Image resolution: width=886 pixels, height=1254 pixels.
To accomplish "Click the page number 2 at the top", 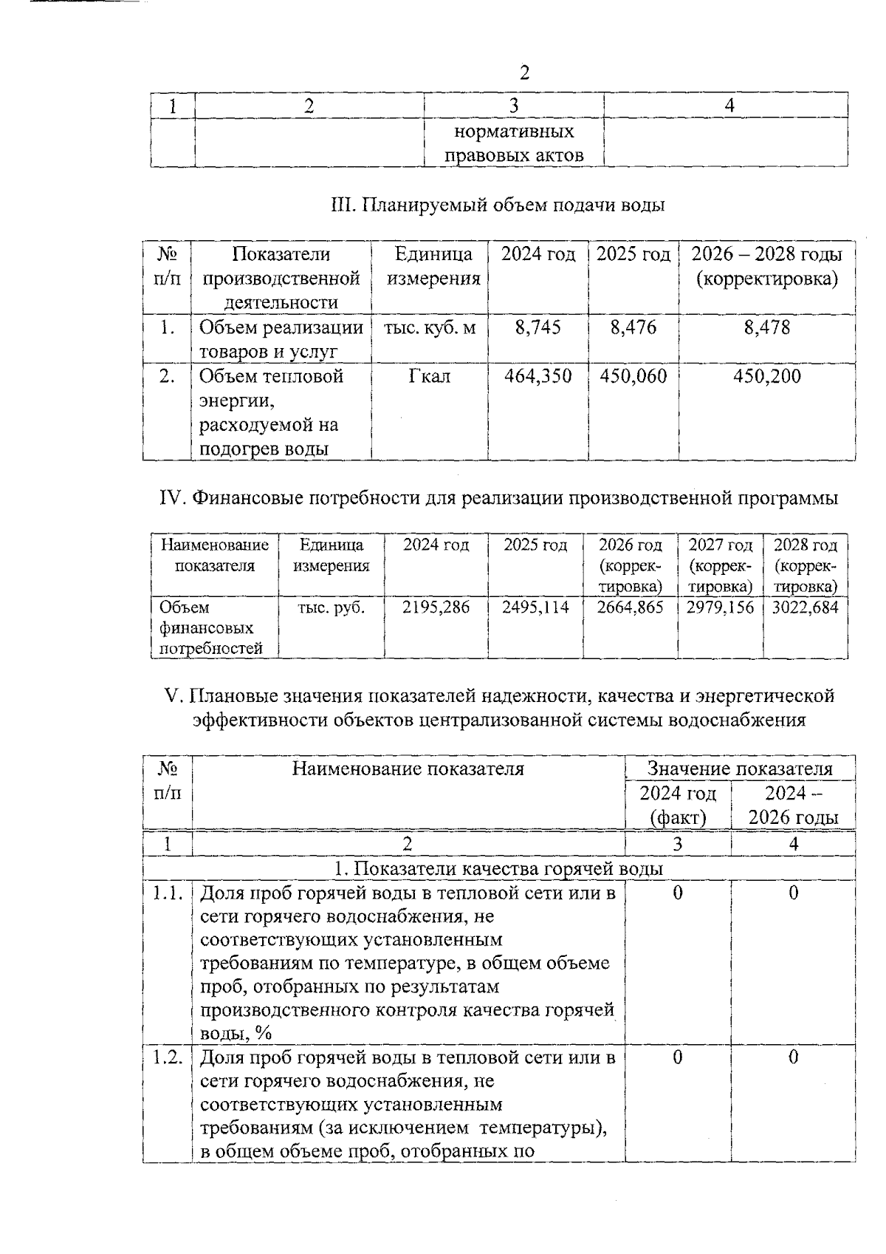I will click(x=524, y=72).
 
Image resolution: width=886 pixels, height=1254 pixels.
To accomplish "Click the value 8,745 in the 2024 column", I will click(x=538, y=327).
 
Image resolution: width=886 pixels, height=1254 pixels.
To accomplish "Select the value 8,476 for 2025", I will click(x=633, y=327).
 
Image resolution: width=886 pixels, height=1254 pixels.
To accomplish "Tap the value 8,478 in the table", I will click(x=766, y=327).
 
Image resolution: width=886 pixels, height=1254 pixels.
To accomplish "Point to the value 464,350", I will click(x=538, y=376).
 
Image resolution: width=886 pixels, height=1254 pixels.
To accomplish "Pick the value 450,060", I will click(x=633, y=376).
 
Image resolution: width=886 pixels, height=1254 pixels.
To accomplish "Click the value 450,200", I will click(x=766, y=376).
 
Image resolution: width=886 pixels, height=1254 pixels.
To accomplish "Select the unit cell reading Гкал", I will click(x=429, y=376).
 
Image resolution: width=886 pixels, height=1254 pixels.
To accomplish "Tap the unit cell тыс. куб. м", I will click(x=430, y=327).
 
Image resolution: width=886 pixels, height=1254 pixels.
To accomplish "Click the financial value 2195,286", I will click(x=436, y=607).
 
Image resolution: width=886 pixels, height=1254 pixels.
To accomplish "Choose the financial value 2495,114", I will click(x=535, y=607).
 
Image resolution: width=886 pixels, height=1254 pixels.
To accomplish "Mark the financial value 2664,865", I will click(x=630, y=607).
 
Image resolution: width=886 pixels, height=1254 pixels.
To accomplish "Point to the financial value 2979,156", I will click(x=720, y=607).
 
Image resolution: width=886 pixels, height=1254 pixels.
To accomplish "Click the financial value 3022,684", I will click(x=805, y=607).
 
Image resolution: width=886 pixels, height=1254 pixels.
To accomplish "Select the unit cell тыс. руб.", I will click(x=331, y=607).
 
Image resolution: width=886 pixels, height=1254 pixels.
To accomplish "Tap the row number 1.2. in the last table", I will click(x=168, y=1057).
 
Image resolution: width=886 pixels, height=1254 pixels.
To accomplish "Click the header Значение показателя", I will click(x=740, y=769).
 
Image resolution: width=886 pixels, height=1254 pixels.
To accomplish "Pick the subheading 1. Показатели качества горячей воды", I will click(x=498, y=869).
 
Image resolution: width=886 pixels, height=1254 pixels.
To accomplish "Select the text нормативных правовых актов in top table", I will click(x=514, y=144).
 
